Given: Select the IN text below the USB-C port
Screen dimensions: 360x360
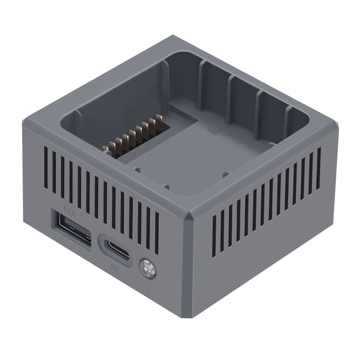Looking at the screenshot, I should pos(114,267).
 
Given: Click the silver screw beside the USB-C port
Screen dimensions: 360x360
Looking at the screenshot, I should pos(148,269).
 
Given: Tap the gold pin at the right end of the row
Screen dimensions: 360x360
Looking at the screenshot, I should pos(159,117).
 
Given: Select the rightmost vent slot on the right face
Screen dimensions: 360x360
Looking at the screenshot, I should pos(319,168).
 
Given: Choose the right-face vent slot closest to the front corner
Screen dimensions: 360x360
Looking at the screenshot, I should pos(214,235).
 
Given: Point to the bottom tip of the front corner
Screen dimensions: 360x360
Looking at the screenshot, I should pos(187,316).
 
